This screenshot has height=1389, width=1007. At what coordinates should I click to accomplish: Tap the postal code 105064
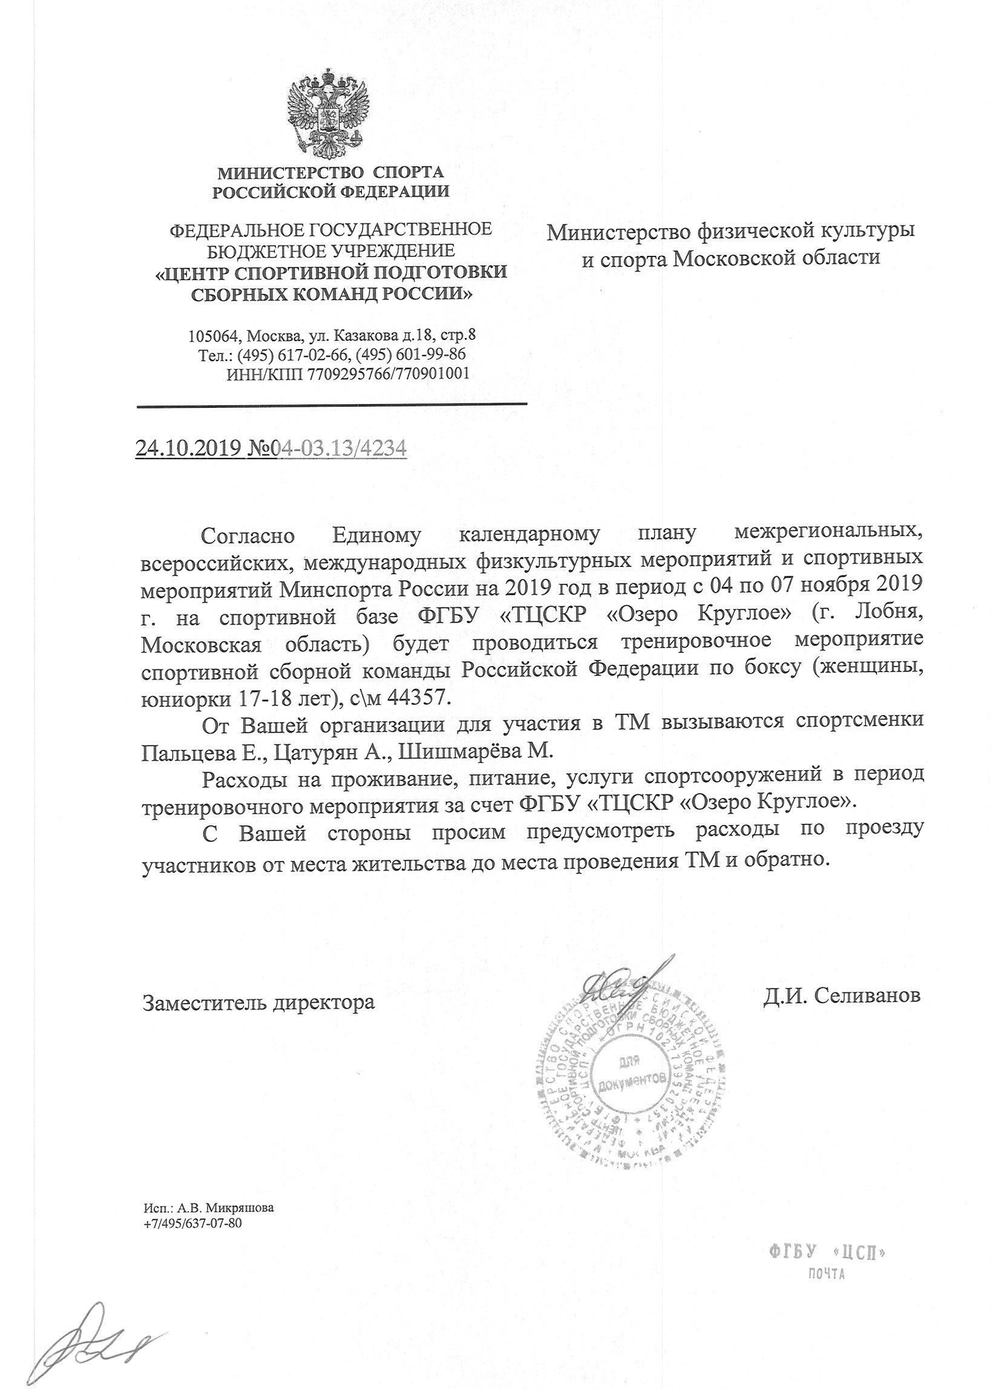click(x=212, y=336)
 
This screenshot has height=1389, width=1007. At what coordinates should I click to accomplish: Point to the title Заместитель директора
click(x=258, y=1002)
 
